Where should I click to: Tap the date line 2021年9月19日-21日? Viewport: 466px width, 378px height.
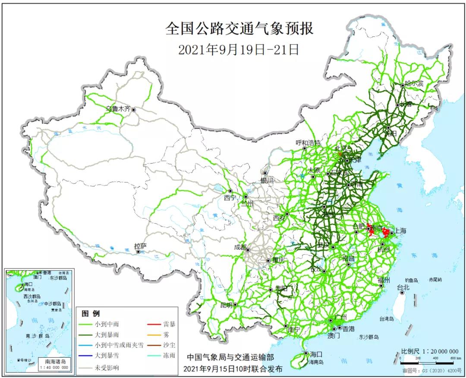(x=239, y=50)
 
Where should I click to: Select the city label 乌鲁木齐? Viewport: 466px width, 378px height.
(x=118, y=109)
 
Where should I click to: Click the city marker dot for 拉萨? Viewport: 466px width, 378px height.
(x=139, y=252)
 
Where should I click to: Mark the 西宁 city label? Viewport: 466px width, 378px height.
(x=230, y=198)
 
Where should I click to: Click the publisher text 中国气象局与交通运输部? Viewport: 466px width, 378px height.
(x=230, y=358)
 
